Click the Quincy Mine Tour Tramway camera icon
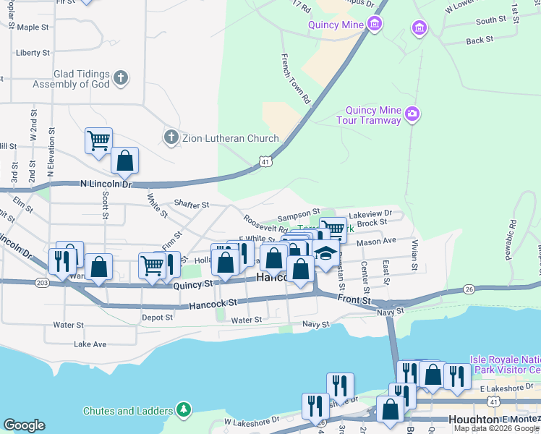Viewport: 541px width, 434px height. coord(412,114)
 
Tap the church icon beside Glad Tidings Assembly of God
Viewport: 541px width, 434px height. coord(121,77)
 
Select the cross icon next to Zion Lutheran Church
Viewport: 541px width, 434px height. coord(171,137)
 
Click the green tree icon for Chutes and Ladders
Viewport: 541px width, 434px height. coord(184,410)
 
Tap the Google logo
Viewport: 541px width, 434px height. coord(24,425)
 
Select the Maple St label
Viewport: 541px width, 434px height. coord(33,27)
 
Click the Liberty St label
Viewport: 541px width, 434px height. coord(33,53)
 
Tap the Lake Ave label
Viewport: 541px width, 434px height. coord(90,344)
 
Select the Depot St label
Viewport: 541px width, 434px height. coord(157,317)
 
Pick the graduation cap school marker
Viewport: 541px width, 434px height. coord(326,253)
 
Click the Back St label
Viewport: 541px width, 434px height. coord(480,41)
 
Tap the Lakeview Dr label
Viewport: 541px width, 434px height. coord(370,214)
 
